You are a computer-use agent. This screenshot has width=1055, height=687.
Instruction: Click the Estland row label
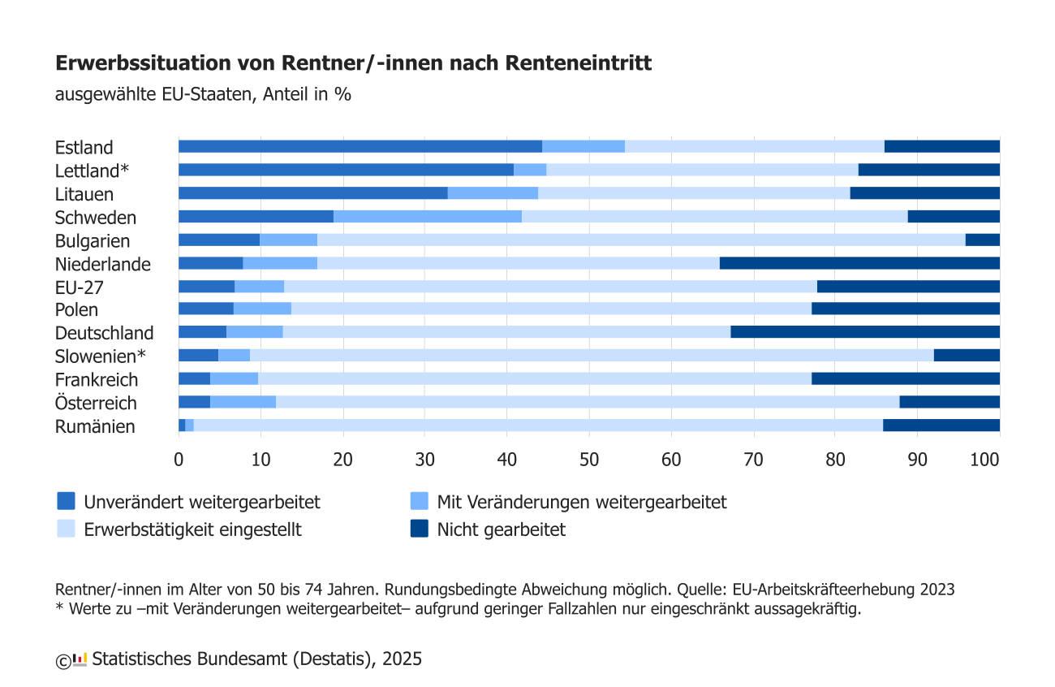(84, 148)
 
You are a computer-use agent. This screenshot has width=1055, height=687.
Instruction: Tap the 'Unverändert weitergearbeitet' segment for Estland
(360, 146)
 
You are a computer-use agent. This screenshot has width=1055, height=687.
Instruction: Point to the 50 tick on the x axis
(589, 459)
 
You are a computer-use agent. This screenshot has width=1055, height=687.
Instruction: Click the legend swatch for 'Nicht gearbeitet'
(419, 529)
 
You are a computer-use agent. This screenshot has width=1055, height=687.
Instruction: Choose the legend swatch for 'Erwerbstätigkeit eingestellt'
(66, 529)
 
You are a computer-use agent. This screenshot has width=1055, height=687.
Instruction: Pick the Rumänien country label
(95, 426)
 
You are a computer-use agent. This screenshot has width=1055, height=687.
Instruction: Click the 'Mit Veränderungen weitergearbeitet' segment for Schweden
(427, 217)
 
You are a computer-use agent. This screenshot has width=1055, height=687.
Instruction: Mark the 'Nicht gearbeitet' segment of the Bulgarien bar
(982, 240)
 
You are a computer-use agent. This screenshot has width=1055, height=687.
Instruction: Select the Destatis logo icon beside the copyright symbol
(80, 659)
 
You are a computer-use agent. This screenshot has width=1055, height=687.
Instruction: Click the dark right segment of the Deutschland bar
(864, 332)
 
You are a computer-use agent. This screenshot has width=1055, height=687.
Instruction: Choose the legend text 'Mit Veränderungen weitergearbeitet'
(581, 502)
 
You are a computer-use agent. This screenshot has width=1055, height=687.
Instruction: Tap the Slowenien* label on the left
(100, 356)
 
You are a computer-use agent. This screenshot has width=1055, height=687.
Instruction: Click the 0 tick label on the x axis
(179, 459)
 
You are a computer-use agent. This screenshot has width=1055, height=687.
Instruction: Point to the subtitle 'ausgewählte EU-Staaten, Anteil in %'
(203, 93)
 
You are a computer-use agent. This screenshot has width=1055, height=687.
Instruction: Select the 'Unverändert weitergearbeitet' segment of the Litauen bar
(312, 193)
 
